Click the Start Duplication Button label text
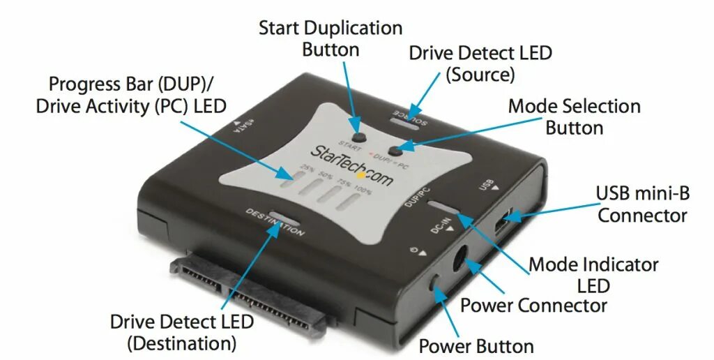pyautogui.click(x=331, y=39)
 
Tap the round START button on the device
pyautogui.click(x=360, y=137)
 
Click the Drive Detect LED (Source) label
pyautogui.click(x=480, y=63)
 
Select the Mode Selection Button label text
pyautogui.click(x=574, y=117)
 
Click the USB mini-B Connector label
pyautogui.click(x=642, y=204)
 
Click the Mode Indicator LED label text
pyautogui.click(x=593, y=275)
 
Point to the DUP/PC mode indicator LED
pyautogui.click(x=444, y=207)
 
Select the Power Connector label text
pyautogui.click(x=533, y=306)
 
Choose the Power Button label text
pyautogui.click(x=476, y=346)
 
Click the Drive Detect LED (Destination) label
pyautogui.click(x=182, y=332)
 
